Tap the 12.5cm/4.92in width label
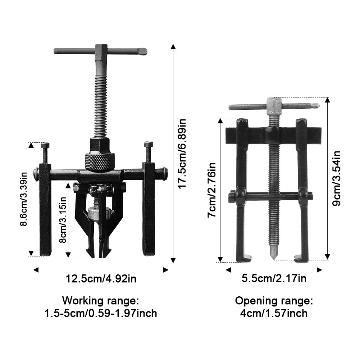[x=101, y=279]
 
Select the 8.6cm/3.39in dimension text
[x=24, y=199]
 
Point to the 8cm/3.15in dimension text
[x=63, y=220]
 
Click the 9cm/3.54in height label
[x=337, y=178]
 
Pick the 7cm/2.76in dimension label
[x=212, y=190]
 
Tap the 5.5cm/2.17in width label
[x=274, y=278]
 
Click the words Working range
[x=101, y=300]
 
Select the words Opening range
[x=274, y=301]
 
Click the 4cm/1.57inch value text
[x=274, y=313]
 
